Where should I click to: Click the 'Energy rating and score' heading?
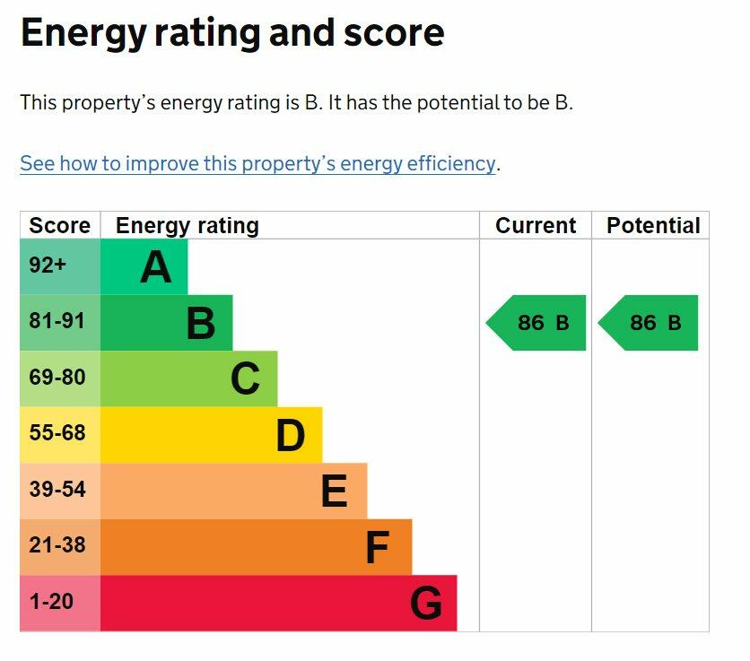(232, 33)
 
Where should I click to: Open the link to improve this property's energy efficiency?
(257, 163)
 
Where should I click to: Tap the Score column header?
(60, 225)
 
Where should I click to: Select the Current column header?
(536, 225)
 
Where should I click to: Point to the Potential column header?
(653, 225)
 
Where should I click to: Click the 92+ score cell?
(60, 266)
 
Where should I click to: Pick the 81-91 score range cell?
(60, 322)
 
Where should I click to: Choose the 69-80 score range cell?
(60, 378)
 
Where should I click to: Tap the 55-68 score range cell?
(60, 434)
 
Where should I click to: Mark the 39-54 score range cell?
(60, 491)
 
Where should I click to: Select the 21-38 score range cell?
(60, 547)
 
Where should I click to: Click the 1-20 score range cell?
(60, 603)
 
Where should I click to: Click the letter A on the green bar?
(156, 268)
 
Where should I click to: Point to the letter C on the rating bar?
(246, 378)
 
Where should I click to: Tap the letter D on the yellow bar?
(291, 435)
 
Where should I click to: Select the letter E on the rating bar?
(335, 491)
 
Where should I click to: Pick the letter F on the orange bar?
(378, 547)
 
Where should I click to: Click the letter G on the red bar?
(426, 603)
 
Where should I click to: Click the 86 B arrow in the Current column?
(536, 323)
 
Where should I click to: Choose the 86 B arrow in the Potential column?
(648, 323)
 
